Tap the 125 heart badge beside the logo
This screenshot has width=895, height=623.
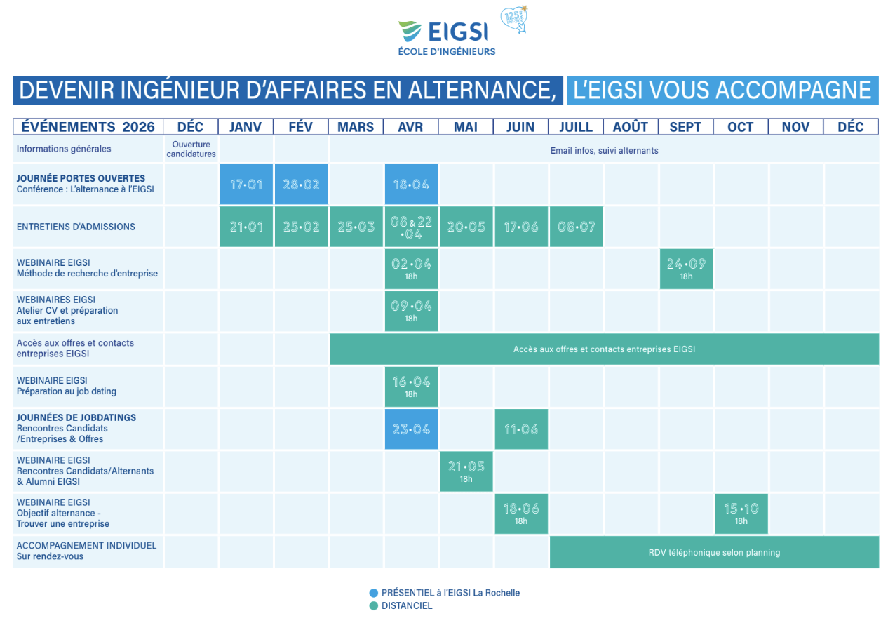click(x=514, y=19)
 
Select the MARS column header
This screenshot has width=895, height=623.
click(x=356, y=127)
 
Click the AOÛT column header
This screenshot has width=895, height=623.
click(x=631, y=127)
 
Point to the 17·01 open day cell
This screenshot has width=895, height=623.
click(x=246, y=185)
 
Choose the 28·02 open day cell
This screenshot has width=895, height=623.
click(x=302, y=185)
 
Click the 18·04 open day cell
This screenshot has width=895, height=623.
click(x=411, y=185)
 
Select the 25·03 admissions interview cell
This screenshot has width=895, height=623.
click(x=356, y=227)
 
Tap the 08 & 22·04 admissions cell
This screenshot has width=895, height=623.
click(x=411, y=227)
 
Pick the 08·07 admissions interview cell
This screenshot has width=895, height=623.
click(x=576, y=227)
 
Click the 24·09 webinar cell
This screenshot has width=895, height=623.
click(x=686, y=269)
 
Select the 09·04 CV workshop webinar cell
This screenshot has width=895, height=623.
click(x=411, y=311)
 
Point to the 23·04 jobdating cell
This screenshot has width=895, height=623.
click(x=411, y=429)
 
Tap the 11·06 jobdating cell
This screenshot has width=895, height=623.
click(x=521, y=429)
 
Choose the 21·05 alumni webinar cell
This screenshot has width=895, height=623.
click(x=466, y=471)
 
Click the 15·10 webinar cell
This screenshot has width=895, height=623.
click(x=741, y=514)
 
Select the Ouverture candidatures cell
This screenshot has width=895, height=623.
click(x=191, y=149)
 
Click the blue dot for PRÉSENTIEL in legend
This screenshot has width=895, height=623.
click(x=374, y=593)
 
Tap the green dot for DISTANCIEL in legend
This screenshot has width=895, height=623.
click(x=374, y=606)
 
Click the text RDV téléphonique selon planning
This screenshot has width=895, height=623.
click(x=714, y=552)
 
